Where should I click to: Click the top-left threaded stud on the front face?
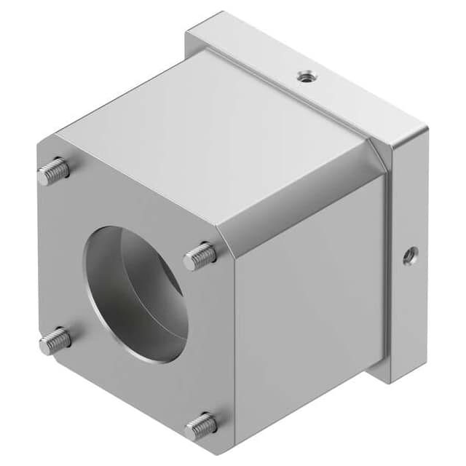(x=55, y=172)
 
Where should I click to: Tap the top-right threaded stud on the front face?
(x=200, y=256)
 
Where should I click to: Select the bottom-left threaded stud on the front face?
(x=55, y=340)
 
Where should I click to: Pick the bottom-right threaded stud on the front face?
(x=202, y=426)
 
